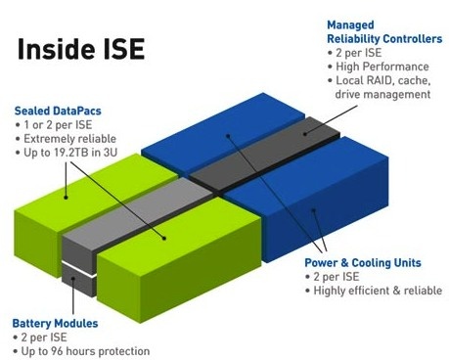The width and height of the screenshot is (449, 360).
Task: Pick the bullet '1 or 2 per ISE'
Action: point(61,125)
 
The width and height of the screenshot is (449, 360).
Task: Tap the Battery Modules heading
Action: point(55,321)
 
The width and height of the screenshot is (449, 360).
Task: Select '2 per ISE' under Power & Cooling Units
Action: point(338,277)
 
